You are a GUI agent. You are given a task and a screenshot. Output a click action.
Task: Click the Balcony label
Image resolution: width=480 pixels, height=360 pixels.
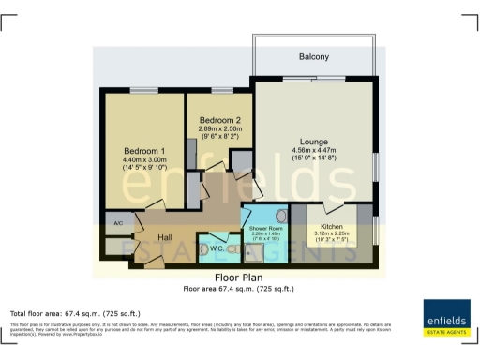313,57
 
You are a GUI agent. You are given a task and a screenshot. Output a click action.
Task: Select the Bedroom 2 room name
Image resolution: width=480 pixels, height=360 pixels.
219,121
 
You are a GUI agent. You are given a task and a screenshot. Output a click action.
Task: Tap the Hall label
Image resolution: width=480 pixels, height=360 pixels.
165,239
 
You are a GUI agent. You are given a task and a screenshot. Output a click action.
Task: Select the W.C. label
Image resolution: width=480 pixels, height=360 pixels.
215,248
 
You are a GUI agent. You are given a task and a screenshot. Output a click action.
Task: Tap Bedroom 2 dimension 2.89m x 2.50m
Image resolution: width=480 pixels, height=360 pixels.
219,130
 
